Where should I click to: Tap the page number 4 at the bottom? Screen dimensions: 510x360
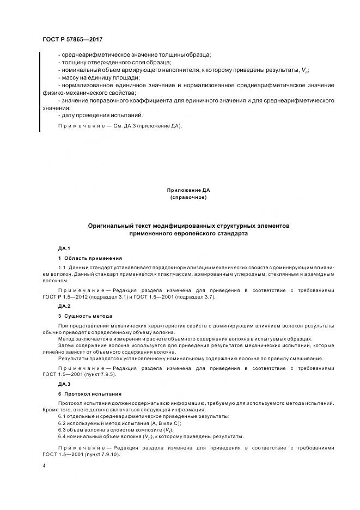click(44, 466)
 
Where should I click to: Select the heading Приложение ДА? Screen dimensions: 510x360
click(188, 190)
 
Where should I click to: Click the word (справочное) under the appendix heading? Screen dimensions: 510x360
click(188, 197)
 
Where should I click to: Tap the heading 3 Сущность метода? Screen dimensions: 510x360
click(85, 316)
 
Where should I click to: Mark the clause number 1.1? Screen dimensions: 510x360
click(62, 268)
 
